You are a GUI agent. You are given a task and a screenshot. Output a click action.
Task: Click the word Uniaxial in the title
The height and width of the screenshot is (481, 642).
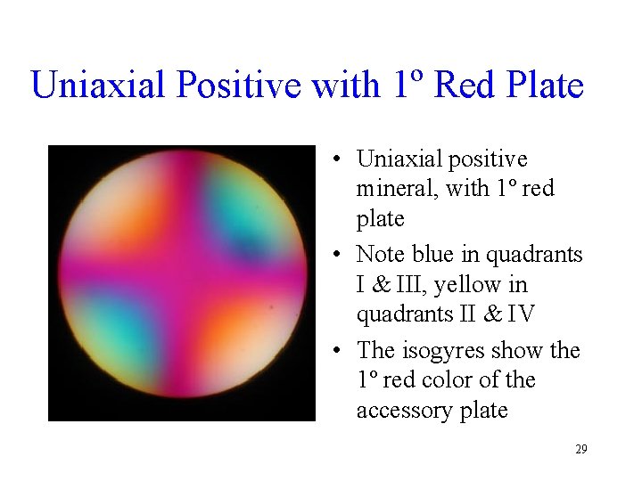click(96, 86)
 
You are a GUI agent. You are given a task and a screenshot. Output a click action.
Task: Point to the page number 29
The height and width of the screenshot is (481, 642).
click(580, 450)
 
